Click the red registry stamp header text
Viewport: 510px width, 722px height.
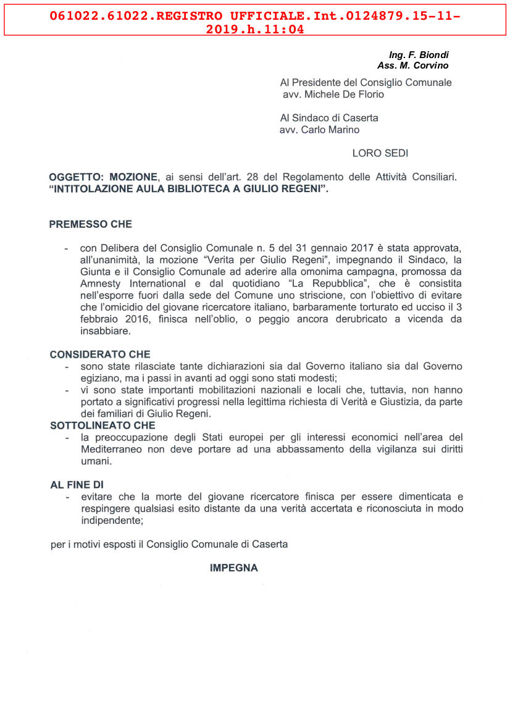tap(254, 22)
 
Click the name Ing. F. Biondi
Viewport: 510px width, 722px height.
tap(419, 56)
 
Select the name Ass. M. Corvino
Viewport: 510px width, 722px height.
tap(412, 65)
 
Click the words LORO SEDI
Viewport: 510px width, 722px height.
tap(380, 153)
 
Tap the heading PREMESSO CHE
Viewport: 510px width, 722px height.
tap(90, 224)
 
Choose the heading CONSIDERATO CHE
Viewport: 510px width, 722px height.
tap(99, 355)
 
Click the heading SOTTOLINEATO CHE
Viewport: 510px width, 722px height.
tap(102, 426)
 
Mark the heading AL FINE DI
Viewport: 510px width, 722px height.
tap(77, 485)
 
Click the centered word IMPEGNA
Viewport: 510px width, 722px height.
tap(233, 568)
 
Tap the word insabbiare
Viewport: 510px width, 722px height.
tap(104, 331)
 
